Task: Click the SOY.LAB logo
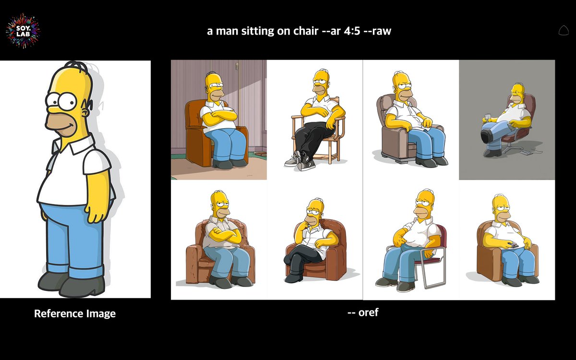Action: pyautogui.click(x=23, y=30)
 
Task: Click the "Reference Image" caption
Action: pyautogui.click(x=75, y=314)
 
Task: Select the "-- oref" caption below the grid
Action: pyautogui.click(x=363, y=312)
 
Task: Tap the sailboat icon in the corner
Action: pyautogui.click(x=564, y=31)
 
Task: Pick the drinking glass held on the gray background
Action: pyautogui.click(x=487, y=117)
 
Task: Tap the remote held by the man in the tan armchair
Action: pyautogui.click(x=512, y=245)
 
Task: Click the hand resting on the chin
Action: pyautogui.click(x=303, y=226)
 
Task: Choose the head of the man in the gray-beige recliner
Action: pyautogui.click(x=400, y=86)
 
